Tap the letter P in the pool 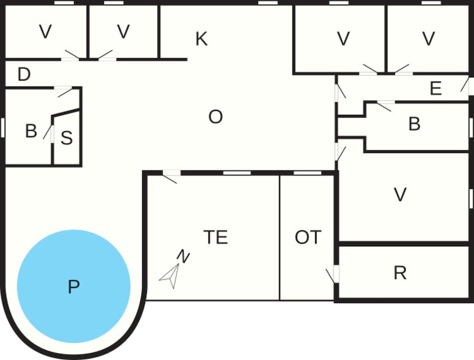(x=73, y=287)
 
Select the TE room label (x=215, y=237)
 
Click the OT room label (x=308, y=237)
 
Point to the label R (x=400, y=273)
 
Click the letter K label (x=201, y=39)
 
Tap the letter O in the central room (x=216, y=117)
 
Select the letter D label (x=24, y=74)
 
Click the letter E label (x=436, y=89)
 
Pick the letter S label (x=67, y=138)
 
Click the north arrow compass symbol (x=171, y=276)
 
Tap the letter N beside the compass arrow (x=183, y=257)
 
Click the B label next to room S (x=31, y=131)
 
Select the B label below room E (x=414, y=124)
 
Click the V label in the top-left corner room (x=45, y=32)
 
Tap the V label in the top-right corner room (x=428, y=38)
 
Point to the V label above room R (x=401, y=194)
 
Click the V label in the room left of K (x=123, y=32)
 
